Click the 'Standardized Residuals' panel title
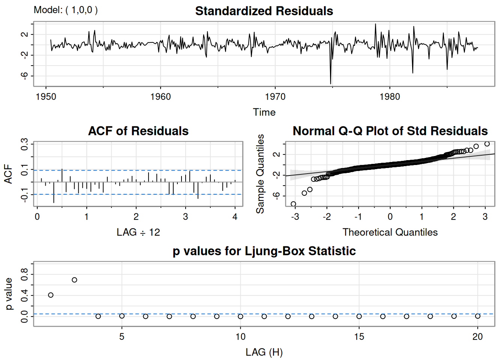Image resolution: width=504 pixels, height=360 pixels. point(264,11)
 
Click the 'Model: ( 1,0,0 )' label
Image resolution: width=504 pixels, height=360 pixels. point(66,10)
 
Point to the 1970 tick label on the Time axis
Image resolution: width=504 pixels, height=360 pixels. point(275,97)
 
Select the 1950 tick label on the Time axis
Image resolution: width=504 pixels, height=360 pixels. point(46,97)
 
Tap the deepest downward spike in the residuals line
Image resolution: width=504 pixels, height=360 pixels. point(330,83)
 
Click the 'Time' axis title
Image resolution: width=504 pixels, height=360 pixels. point(264,112)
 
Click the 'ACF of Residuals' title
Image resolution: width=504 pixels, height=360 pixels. point(138,131)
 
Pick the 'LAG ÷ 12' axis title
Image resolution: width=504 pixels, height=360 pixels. point(138,232)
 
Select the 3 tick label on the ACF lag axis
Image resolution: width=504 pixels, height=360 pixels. point(185,217)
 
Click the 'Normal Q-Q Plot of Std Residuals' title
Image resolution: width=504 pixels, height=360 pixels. point(390,131)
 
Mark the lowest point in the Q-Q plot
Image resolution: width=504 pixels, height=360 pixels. point(293,204)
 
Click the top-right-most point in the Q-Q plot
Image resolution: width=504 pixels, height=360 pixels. point(487,144)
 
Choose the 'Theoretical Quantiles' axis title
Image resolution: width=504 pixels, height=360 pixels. point(390,232)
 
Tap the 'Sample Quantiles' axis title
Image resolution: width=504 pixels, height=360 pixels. point(260,174)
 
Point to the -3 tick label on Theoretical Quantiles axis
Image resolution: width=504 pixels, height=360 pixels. point(295,217)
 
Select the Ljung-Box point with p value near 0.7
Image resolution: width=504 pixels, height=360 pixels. point(74,280)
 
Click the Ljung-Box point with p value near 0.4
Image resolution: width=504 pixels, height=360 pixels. point(51,295)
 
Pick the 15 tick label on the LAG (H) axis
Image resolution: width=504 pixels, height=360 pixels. point(359,337)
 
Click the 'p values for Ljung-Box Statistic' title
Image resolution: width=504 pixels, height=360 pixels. point(264,251)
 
